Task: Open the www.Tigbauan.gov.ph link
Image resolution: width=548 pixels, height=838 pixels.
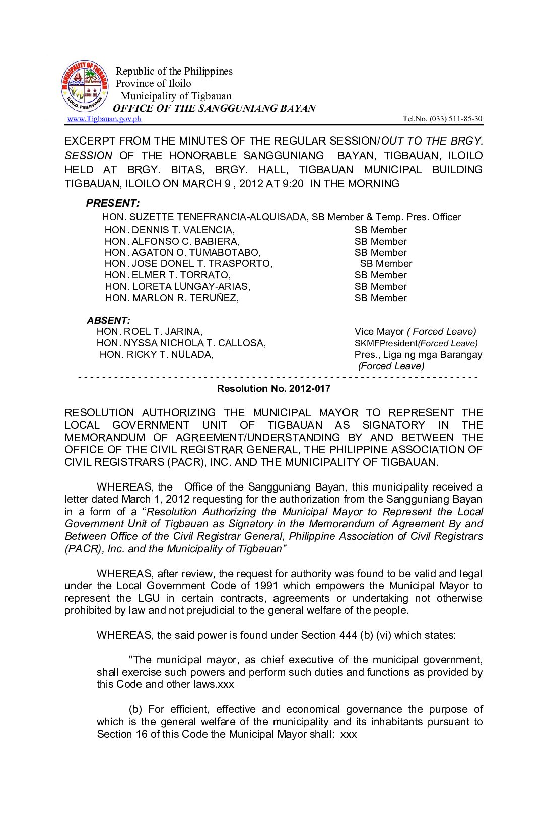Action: pyautogui.click(x=104, y=119)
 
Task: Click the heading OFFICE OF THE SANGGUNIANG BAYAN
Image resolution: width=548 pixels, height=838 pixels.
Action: pyautogui.click(x=215, y=108)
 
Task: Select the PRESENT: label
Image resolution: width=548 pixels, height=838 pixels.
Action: pyautogui.click(x=113, y=203)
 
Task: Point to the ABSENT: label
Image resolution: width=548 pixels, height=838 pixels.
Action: pyautogui.click(x=108, y=320)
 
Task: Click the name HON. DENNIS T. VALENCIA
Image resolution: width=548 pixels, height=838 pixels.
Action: pyautogui.click(x=169, y=230)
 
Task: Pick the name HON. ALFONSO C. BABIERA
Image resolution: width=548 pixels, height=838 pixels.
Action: pyautogui.click(x=172, y=241)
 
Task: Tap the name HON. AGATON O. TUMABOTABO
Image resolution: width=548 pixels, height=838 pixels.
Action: pyautogui.click(x=182, y=253)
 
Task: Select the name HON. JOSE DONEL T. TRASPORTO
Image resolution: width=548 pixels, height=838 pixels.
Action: pyautogui.click(x=188, y=264)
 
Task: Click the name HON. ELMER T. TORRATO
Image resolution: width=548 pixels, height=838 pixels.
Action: pyautogui.click(x=167, y=275)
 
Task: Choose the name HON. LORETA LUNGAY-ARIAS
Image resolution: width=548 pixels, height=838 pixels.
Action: pyautogui.click(x=177, y=287)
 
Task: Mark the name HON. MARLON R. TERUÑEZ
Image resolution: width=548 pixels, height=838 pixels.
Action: pyautogui.click(x=172, y=298)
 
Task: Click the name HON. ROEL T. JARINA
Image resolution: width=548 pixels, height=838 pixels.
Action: pyautogui.click(x=150, y=332)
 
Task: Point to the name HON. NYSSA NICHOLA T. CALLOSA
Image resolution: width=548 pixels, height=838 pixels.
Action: pyautogui.click(x=181, y=343)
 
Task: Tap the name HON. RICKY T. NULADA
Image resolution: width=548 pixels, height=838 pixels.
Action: pyautogui.click(x=157, y=354)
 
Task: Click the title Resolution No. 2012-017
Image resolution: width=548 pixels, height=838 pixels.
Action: pyautogui.click(x=273, y=388)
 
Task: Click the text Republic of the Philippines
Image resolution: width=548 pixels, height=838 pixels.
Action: pyautogui.click(x=174, y=71)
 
